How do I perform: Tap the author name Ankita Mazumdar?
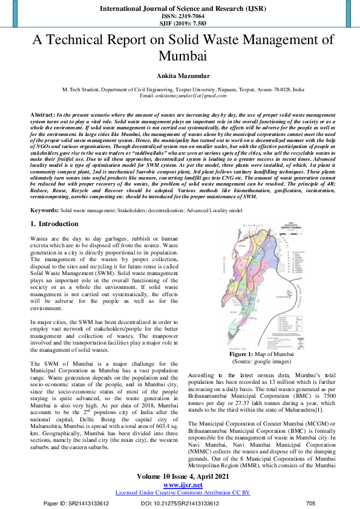[180, 77]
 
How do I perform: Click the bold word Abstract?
[42, 114]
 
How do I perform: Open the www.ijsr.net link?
[180, 484]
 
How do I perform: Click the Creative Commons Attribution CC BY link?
[180, 492]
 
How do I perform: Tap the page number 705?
[311, 503]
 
